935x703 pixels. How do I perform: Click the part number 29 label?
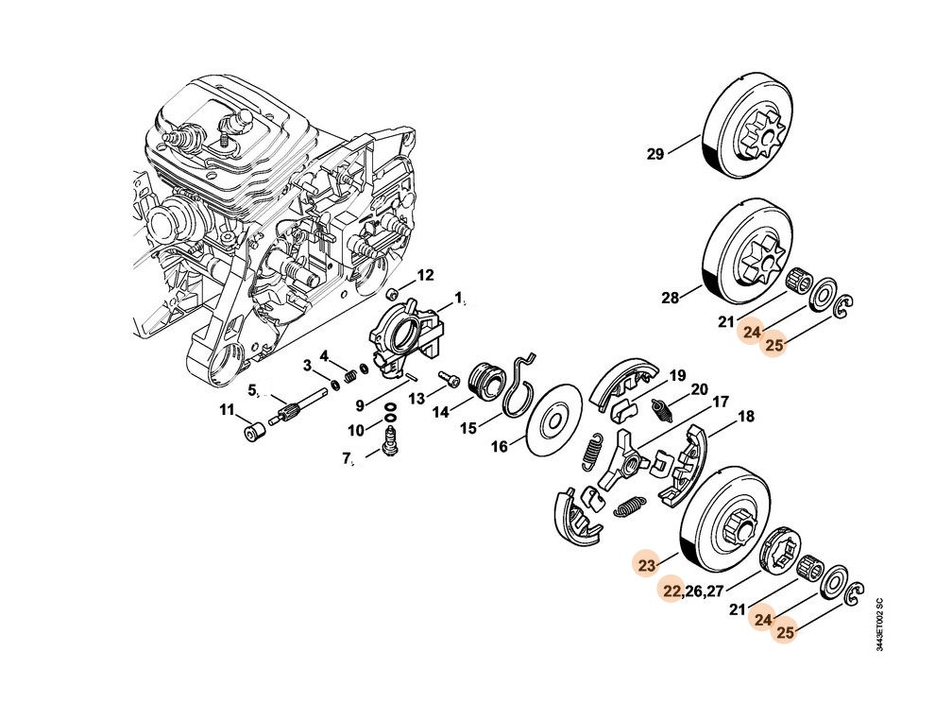point(654,154)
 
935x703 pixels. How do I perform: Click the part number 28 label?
point(670,298)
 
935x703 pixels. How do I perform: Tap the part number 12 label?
point(425,276)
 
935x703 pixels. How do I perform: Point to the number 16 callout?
point(499,445)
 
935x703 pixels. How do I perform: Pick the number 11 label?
point(228,410)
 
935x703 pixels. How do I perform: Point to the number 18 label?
point(746,417)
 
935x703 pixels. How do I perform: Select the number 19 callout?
point(678,375)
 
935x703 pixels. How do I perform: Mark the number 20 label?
point(699,389)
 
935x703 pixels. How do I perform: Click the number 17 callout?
point(720,402)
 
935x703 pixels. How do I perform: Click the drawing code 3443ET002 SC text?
point(879,624)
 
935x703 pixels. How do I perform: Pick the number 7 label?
point(348,461)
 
